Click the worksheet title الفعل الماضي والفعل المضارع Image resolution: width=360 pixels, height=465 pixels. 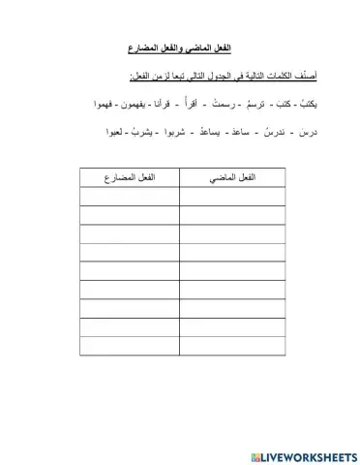[x=183, y=47]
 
